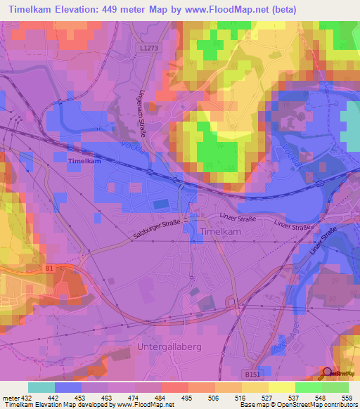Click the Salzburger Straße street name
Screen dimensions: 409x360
point(155,232)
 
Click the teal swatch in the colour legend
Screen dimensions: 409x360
point(41,387)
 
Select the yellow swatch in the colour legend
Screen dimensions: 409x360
point(281,387)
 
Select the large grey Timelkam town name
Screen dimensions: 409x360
point(222,231)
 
